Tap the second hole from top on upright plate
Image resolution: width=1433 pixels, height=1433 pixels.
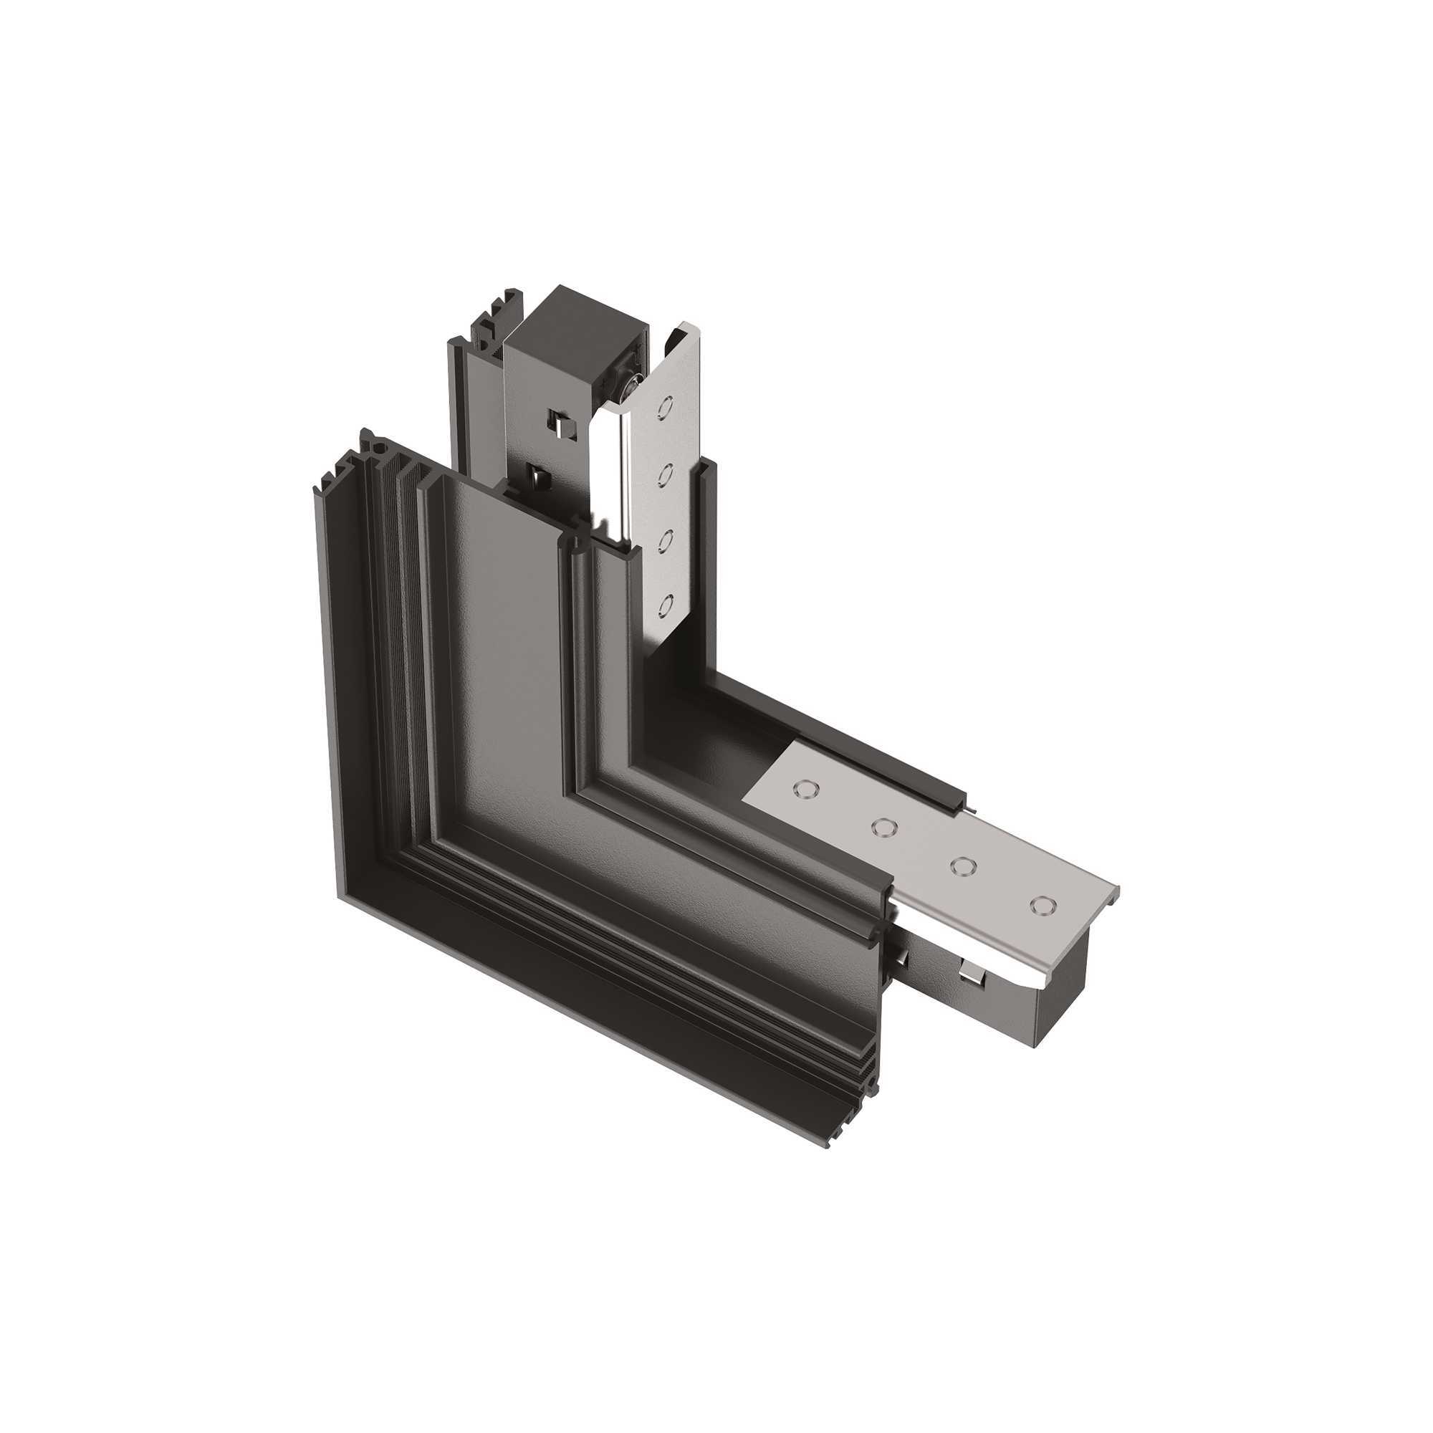click(666, 473)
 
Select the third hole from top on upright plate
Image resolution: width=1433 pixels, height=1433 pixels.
click(666, 540)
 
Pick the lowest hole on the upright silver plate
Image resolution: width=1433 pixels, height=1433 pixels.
click(666, 605)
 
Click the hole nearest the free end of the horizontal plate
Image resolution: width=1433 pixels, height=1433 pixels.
click(1042, 905)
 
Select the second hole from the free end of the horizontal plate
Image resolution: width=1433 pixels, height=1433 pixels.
click(962, 866)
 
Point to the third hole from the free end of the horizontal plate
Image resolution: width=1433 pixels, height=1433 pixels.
click(883, 826)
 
